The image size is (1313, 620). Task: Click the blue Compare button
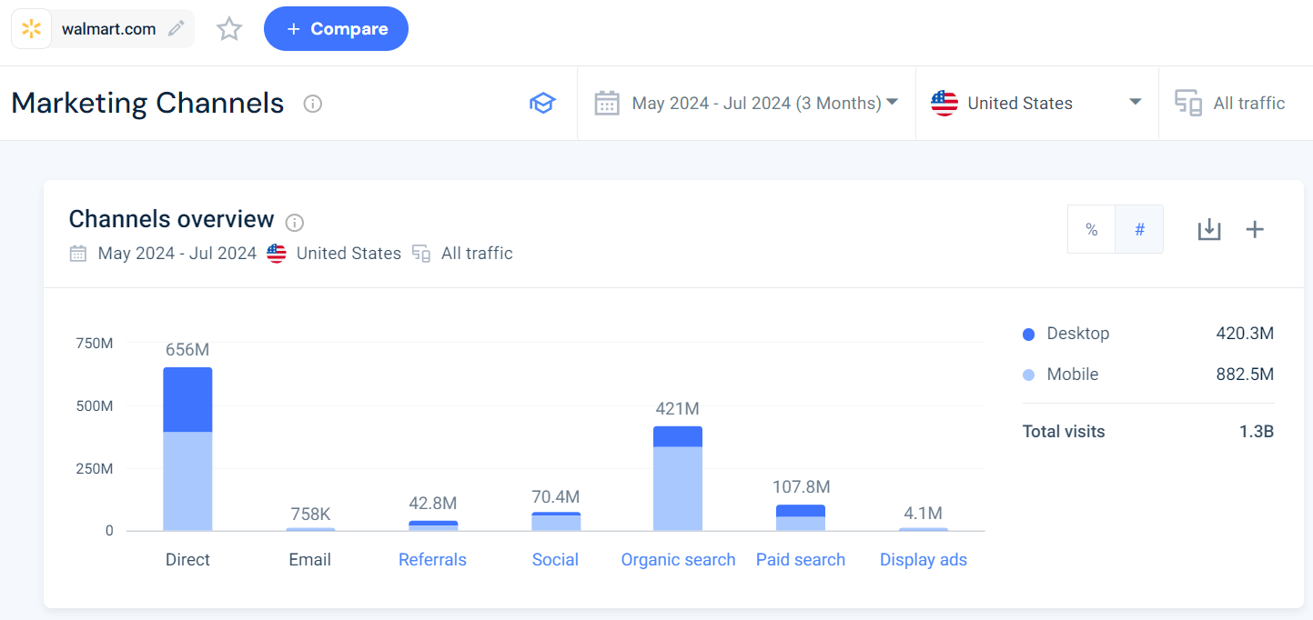[x=336, y=29]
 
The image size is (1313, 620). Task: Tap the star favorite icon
[x=229, y=29]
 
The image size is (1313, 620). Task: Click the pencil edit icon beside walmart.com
[x=177, y=29]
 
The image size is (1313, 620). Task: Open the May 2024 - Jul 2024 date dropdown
[x=746, y=103]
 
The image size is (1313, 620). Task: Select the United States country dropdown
[x=1035, y=103]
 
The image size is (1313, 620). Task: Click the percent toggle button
[x=1091, y=230]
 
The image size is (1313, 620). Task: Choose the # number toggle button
[x=1139, y=230]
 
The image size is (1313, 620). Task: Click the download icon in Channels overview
[x=1208, y=230]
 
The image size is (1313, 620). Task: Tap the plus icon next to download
[x=1255, y=230]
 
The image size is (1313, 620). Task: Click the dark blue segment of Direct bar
[x=187, y=399]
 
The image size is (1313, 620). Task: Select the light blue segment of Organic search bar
[x=678, y=488]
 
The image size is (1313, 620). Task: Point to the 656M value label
[x=187, y=350]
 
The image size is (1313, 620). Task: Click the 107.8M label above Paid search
[x=801, y=487]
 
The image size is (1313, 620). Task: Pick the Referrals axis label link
[x=432, y=560]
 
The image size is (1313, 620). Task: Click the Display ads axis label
[x=923, y=560]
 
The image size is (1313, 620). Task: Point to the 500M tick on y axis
[x=94, y=406]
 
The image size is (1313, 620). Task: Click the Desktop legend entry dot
[x=1028, y=335]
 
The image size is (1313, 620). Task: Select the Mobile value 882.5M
[x=1244, y=375]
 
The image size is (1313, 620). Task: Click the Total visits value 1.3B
[x=1256, y=432]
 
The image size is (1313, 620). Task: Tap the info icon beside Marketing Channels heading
[x=312, y=104]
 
